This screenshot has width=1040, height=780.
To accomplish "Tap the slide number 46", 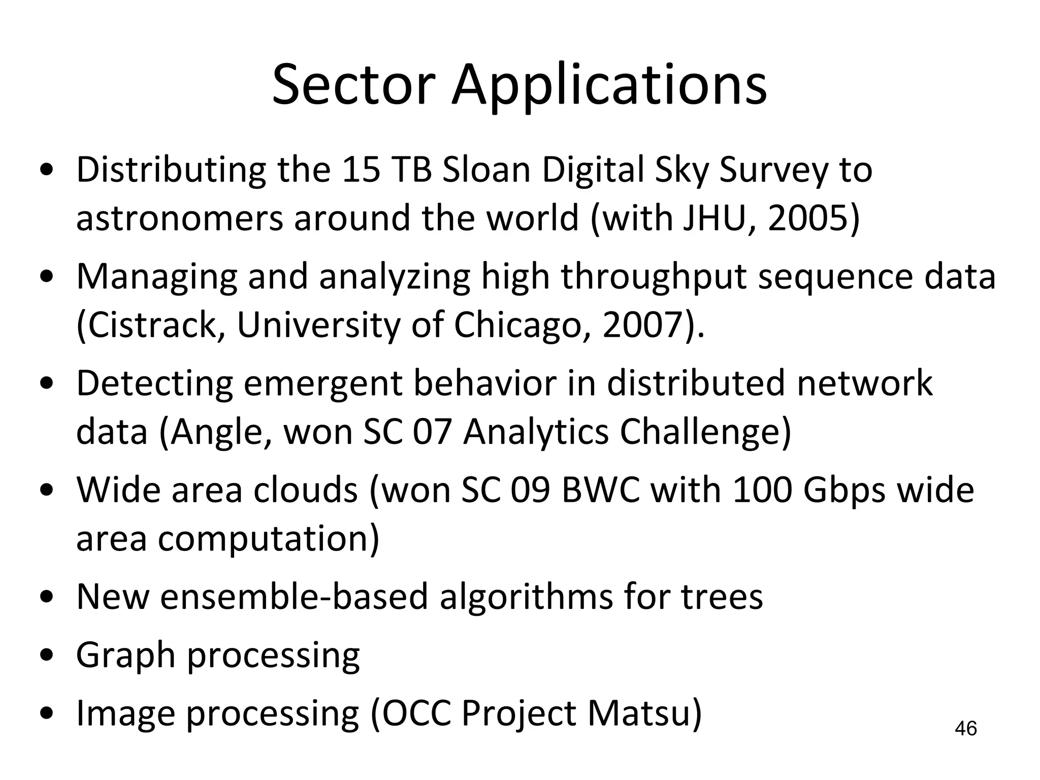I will click(965, 728).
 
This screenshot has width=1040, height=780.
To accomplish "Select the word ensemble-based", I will click(294, 597).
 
